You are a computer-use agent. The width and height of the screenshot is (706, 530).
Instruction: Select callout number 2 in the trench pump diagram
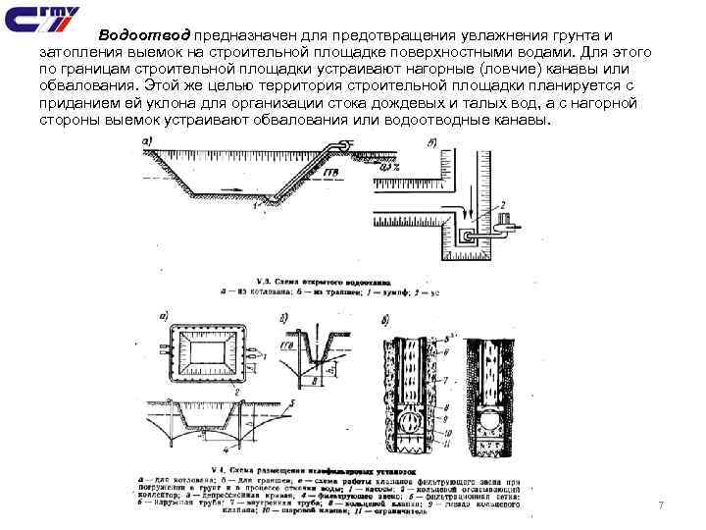503,205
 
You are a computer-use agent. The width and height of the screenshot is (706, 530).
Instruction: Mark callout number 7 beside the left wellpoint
446,378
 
